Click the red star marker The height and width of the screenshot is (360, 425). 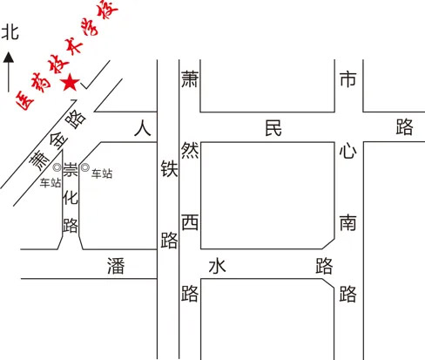click(70, 83)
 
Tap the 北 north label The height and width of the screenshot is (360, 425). click(10, 32)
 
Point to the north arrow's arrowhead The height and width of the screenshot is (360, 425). click(9, 58)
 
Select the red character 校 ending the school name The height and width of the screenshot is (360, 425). click(108, 9)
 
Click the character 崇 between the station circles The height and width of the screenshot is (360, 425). click(71, 170)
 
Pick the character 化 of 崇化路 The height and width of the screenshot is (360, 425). click(71, 198)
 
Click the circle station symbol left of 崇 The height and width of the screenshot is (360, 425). click(57, 167)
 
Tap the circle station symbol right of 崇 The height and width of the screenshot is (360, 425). click(84, 167)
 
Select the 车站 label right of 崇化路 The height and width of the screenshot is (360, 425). click(102, 173)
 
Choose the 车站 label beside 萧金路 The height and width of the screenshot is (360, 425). click(51, 183)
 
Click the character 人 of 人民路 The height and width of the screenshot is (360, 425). click(143, 129)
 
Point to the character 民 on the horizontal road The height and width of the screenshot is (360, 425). click(273, 128)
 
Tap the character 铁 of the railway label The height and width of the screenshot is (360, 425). click(169, 169)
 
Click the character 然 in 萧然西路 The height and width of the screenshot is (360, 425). click(190, 150)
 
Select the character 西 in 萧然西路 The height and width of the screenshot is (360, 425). click(190, 222)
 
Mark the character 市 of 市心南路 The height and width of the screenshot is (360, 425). click(348, 79)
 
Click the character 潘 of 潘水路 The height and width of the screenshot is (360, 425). click(116, 266)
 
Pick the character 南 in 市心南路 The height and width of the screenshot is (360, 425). click(348, 223)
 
